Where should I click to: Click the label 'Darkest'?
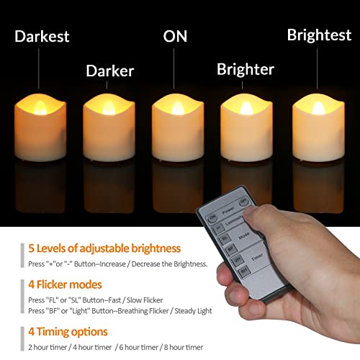point(42,36)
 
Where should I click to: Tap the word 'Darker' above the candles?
point(110,71)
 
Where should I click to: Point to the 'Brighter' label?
point(246,69)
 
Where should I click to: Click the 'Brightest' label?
point(319,35)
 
